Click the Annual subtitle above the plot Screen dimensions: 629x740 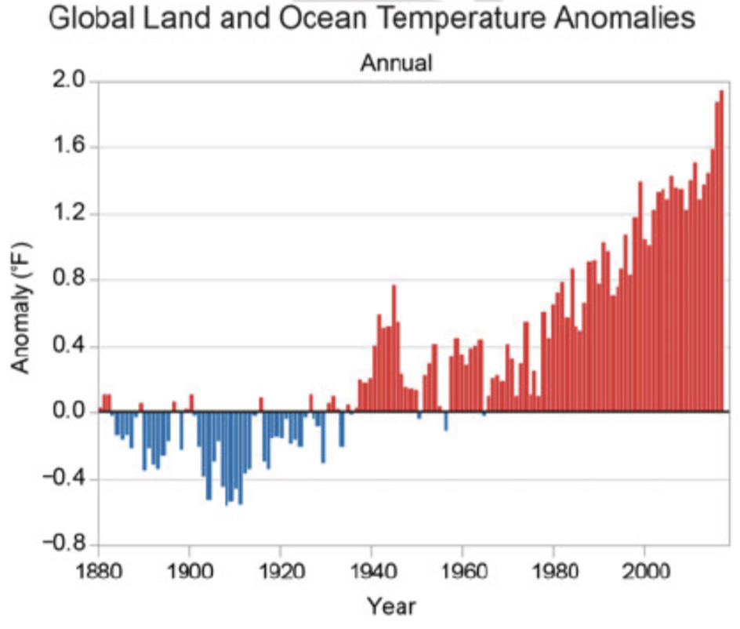(396, 63)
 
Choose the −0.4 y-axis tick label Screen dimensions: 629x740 (62, 478)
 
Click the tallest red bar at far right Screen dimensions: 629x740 (721, 251)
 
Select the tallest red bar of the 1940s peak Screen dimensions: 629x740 (394, 349)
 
